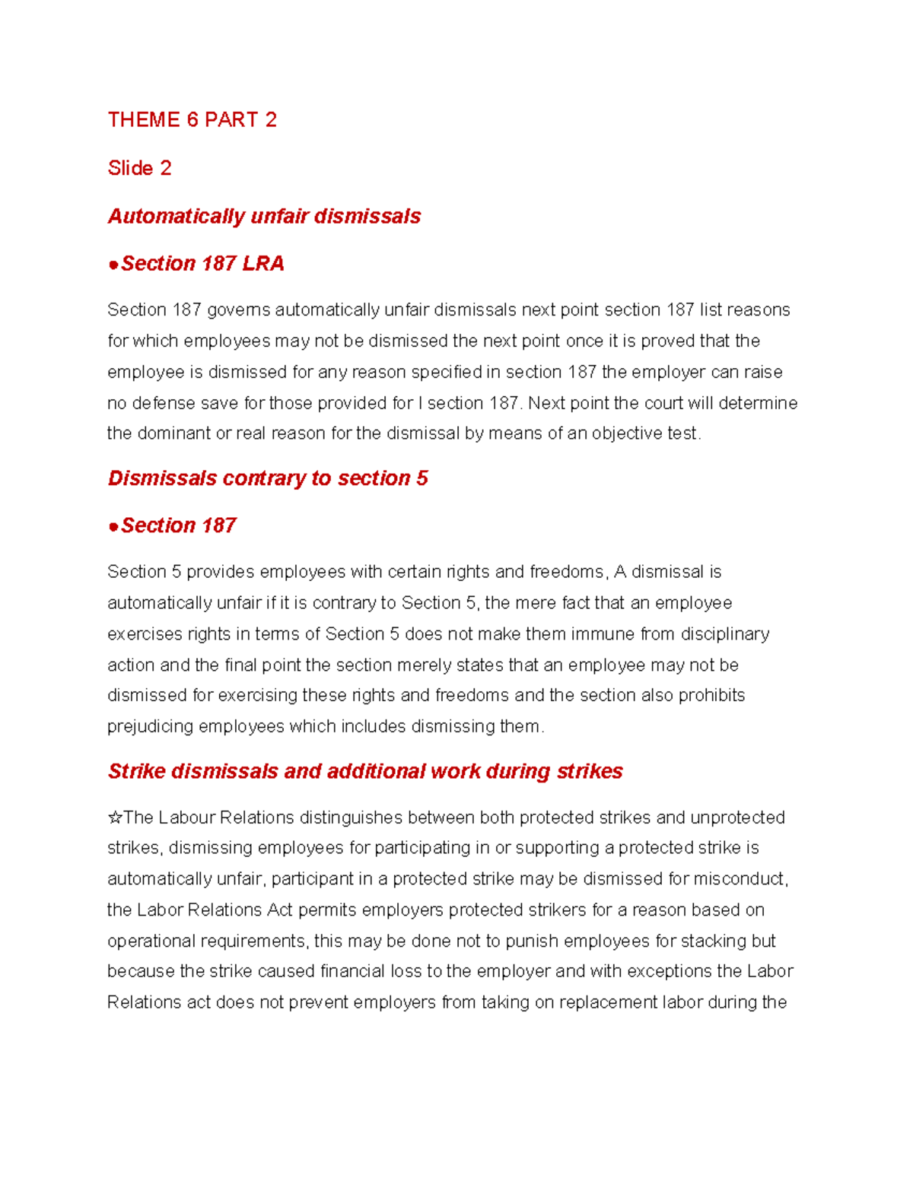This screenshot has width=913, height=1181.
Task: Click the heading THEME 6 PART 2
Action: click(x=192, y=120)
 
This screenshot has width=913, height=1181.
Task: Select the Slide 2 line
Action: click(x=139, y=168)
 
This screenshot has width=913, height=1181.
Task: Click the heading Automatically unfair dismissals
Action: click(x=264, y=217)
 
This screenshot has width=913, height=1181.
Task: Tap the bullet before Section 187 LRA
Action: click(x=113, y=265)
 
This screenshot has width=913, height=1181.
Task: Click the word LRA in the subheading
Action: click(x=263, y=264)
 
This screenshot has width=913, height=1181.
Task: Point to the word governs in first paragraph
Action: click(x=239, y=310)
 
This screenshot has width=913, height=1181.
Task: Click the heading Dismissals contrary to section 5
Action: click(x=268, y=478)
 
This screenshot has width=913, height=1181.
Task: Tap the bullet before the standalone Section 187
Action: click(x=113, y=526)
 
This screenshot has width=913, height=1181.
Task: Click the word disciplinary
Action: click(x=724, y=634)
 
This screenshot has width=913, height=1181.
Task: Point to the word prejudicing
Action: click(x=150, y=727)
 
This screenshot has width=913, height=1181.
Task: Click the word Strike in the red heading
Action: click(x=137, y=772)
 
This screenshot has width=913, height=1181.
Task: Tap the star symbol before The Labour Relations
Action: click(x=115, y=818)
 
